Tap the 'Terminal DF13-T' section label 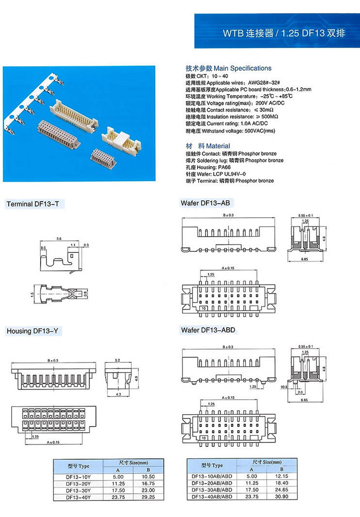33,204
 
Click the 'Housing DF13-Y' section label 32,331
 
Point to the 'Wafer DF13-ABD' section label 208,330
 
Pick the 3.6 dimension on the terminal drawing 59,239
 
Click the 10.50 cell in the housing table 149,477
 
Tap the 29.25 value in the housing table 149,497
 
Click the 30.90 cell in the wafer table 281,497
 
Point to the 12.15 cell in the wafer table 281,477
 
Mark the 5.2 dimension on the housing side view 118,361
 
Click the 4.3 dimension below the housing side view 118,394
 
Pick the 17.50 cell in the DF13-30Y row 117,490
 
